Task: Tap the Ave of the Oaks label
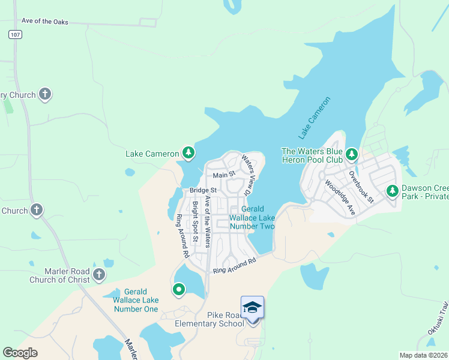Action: point(45,22)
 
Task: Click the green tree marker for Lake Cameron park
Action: point(188,154)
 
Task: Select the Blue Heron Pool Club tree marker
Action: point(351,154)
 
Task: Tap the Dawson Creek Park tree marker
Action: point(393,191)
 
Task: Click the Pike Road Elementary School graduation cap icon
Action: point(252,307)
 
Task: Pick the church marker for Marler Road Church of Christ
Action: point(99,275)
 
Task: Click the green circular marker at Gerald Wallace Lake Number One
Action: point(178,290)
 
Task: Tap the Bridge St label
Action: point(202,190)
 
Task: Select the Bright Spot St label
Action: point(195,222)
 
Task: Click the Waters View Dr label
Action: point(247,175)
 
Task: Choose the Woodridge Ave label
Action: point(339,197)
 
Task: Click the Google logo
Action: point(20,353)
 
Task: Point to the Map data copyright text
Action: point(424,355)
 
